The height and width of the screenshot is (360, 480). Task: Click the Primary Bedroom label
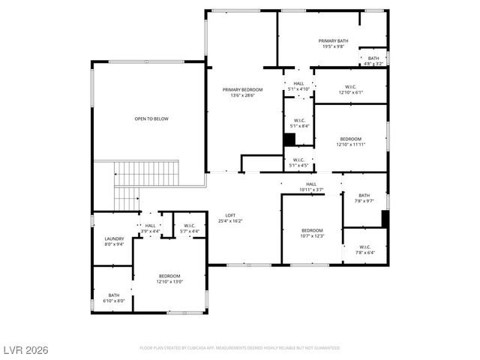pyautogui.click(x=242, y=90)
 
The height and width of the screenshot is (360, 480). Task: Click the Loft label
pyautogui.click(x=230, y=215)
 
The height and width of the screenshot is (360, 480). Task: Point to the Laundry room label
pyautogui.click(x=113, y=238)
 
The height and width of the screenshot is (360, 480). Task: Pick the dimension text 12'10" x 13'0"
pyautogui.click(x=169, y=282)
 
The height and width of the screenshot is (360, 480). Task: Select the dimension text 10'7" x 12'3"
pyautogui.click(x=312, y=236)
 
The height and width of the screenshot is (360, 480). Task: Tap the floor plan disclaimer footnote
pyautogui.click(x=240, y=348)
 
